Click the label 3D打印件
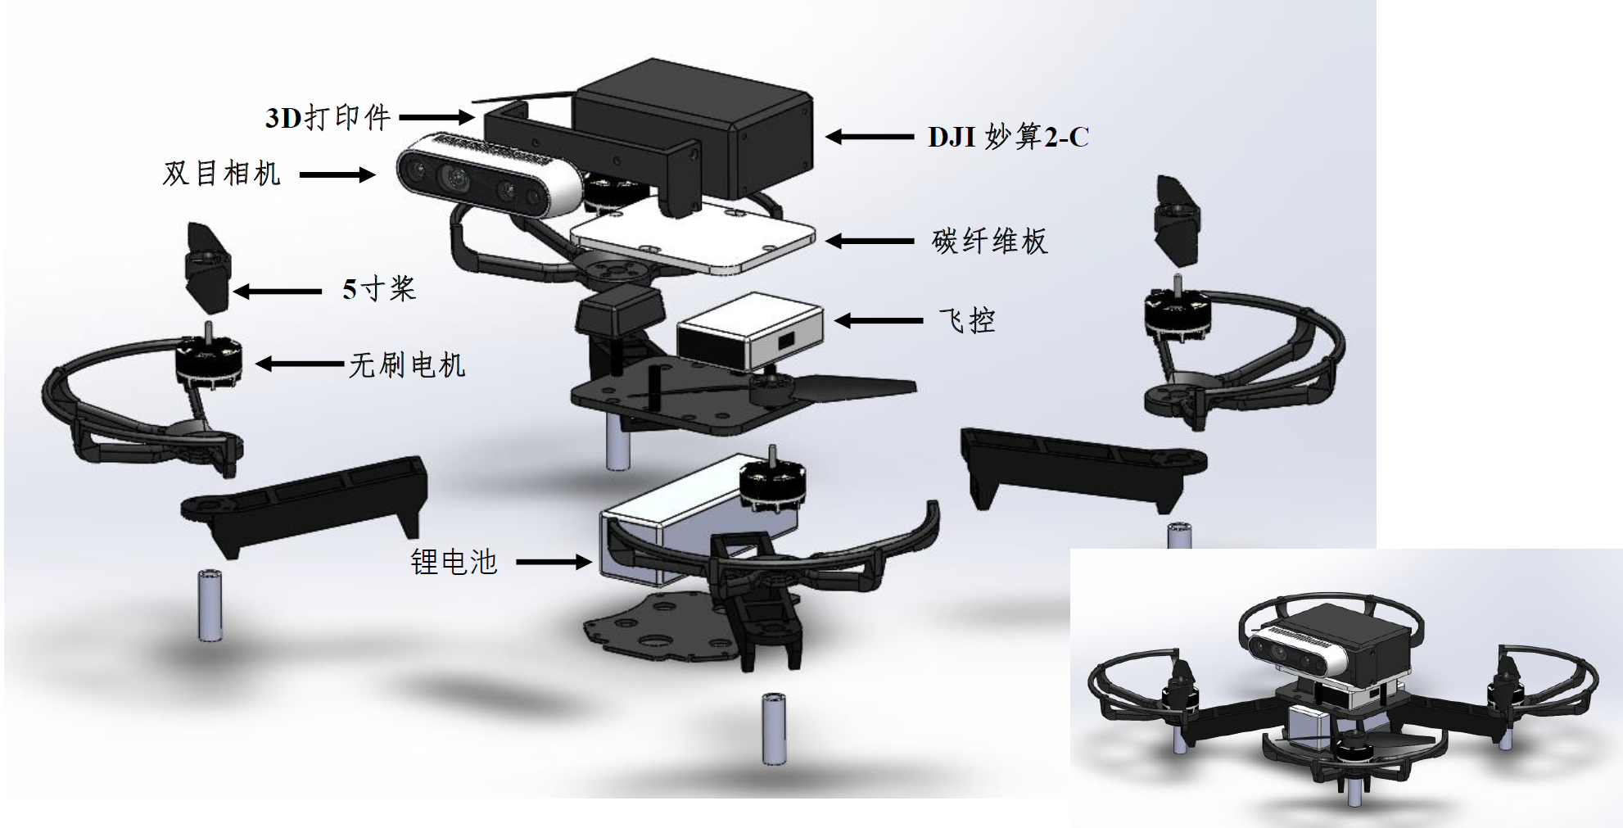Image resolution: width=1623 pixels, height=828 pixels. pyautogui.click(x=328, y=118)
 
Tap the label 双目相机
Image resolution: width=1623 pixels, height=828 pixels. pyautogui.click(x=221, y=174)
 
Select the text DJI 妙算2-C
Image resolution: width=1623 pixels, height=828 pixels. pyautogui.click(x=1008, y=137)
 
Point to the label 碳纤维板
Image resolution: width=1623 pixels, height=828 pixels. pyautogui.click(x=989, y=241)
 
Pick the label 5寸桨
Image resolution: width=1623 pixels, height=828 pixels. pyautogui.click(x=379, y=289)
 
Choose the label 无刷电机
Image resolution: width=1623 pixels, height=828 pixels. pyautogui.click(x=407, y=364)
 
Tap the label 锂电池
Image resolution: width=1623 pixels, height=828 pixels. pyautogui.click(x=454, y=562)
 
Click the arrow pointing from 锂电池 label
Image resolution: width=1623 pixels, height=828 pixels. pyautogui.click(x=554, y=562)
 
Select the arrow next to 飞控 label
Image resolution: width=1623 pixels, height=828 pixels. pyautogui.click(x=879, y=320)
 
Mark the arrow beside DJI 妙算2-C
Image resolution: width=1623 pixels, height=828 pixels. pyautogui.click(x=870, y=137)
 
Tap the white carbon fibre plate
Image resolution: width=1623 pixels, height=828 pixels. pyautogui.click(x=692, y=237)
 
